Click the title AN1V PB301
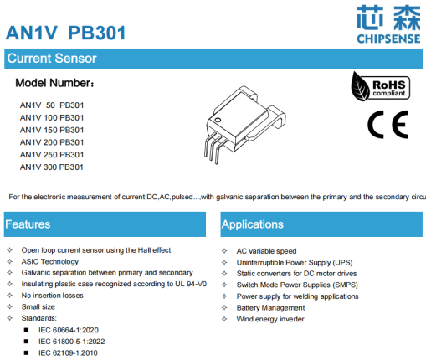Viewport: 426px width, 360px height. tap(67, 33)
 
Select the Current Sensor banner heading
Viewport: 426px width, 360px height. tap(52, 59)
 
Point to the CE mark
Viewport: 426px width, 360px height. tap(388, 124)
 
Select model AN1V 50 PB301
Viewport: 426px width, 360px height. tap(52, 105)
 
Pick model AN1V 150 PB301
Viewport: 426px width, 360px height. tap(52, 130)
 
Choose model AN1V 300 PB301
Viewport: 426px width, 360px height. tap(52, 167)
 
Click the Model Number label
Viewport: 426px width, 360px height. tap(56, 84)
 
